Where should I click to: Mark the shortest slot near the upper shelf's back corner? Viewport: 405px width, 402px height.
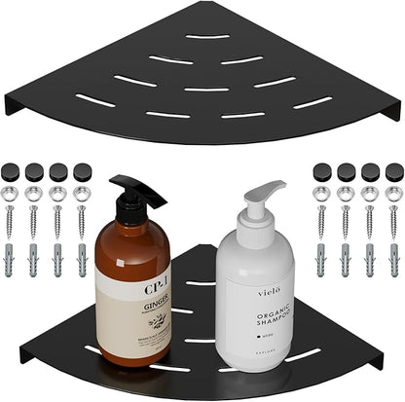pyautogui.click(x=208, y=37)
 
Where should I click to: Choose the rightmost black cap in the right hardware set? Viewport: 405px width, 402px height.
pyautogui.click(x=394, y=171)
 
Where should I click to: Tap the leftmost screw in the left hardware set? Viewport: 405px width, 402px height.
pyautogui.click(x=11, y=222)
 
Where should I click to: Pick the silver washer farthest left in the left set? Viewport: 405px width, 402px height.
pyautogui.click(x=11, y=194)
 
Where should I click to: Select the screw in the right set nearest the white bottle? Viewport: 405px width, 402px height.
pyautogui.click(x=320, y=221)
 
